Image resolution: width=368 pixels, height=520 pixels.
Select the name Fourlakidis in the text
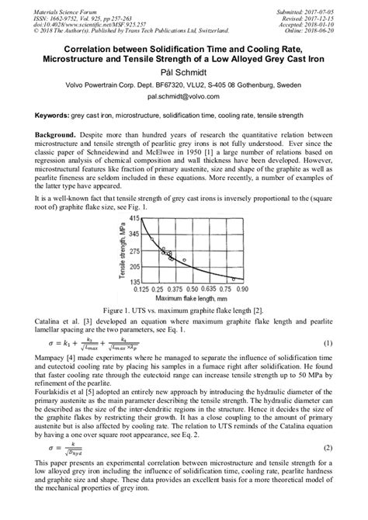pyautogui.click(x=55, y=392)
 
